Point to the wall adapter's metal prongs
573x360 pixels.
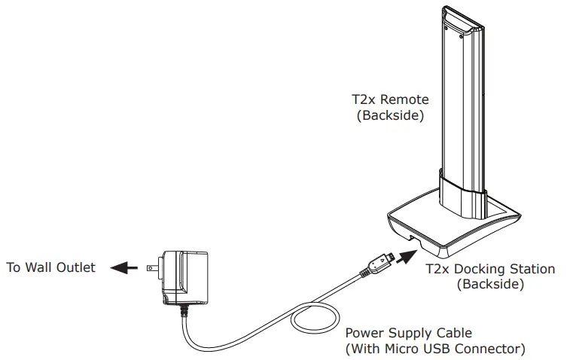154,267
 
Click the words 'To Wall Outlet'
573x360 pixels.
50,268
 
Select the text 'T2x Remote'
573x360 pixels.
391,99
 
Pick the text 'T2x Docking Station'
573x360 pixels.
490,269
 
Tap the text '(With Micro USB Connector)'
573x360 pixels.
434,349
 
